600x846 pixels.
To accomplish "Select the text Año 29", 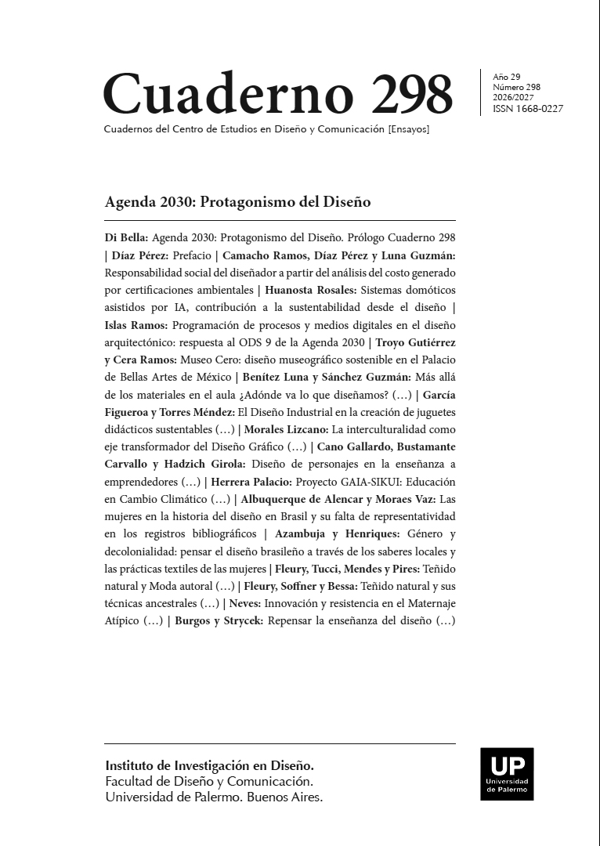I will [x=506, y=77].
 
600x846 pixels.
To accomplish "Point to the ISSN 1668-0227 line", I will [x=527, y=109].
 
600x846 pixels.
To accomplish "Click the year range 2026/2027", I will [x=513, y=98].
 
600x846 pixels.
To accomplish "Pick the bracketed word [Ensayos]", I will [x=408, y=128].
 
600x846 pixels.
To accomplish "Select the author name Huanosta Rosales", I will [x=311, y=290].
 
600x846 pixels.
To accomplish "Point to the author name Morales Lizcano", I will [x=286, y=429].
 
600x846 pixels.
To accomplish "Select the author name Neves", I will [x=244, y=604].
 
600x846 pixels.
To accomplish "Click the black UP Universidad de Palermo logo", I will [x=507, y=774].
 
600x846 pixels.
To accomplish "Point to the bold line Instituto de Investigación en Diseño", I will [x=209, y=765].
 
